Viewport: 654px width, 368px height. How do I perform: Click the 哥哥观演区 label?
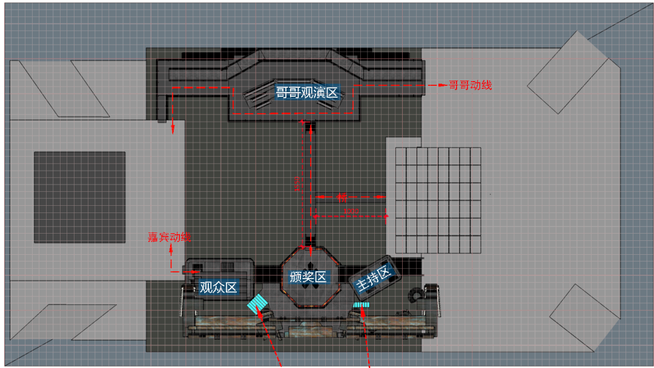click(x=306, y=93)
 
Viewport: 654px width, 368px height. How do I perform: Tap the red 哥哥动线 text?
click(x=470, y=85)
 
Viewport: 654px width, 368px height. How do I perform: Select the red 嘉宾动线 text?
click(x=170, y=237)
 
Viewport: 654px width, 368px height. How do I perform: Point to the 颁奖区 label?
click(x=308, y=277)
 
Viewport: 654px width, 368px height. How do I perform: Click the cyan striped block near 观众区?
click(x=258, y=302)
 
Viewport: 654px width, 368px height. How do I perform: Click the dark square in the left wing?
click(x=79, y=197)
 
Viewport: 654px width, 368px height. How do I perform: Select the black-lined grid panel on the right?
click(x=438, y=200)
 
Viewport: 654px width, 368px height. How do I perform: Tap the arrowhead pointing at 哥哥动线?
click(x=434, y=85)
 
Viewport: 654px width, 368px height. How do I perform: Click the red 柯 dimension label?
click(x=342, y=197)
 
